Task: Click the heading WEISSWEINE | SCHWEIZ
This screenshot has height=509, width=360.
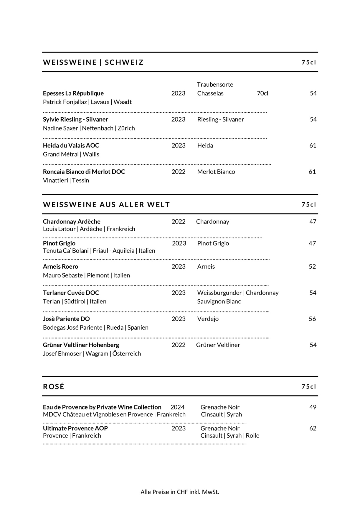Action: (x=93, y=62)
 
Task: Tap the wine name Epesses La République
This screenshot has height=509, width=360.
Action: (x=73, y=93)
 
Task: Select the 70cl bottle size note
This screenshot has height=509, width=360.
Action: (x=262, y=93)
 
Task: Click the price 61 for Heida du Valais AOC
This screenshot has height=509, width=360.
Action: (x=313, y=146)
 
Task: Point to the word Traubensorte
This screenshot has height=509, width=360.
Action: (x=215, y=85)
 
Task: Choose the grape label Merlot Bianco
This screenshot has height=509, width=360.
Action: (x=216, y=172)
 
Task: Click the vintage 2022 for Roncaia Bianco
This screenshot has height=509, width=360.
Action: (x=179, y=172)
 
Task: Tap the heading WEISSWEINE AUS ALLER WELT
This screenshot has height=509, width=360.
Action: (x=106, y=204)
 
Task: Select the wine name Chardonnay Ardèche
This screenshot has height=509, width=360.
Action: (x=72, y=222)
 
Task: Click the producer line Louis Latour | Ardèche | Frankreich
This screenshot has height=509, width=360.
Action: (x=89, y=229)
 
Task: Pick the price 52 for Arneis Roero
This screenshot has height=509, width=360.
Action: (x=312, y=267)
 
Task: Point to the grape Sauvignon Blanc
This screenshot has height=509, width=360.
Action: (x=219, y=301)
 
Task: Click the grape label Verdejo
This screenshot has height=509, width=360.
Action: (x=208, y=319)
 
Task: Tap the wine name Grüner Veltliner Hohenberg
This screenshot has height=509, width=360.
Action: (x=81, y=345)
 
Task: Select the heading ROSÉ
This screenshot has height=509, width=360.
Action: (x=54, y=386)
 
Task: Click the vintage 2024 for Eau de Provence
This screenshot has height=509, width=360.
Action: (x=177, y=407)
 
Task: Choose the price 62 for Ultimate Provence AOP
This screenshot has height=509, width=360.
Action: (x=313, y=428)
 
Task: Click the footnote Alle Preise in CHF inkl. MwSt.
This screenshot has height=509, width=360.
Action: (x=180, y=492)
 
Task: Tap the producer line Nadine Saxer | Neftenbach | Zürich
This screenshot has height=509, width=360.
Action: (x=89, y=128)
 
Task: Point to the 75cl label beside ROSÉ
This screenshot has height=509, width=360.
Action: (x=308, y=386)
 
